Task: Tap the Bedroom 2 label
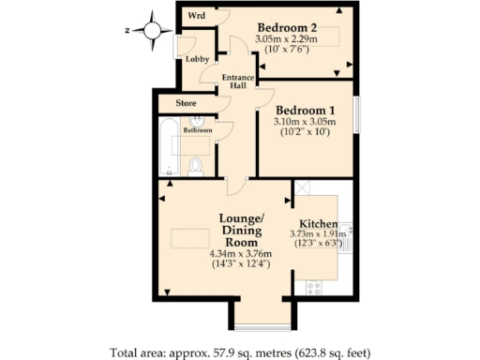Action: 286,26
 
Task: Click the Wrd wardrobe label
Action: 196,16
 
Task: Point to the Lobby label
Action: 197,59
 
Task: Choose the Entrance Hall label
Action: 233,82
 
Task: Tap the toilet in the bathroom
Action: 196,166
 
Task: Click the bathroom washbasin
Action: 200,125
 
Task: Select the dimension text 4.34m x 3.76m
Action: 240,253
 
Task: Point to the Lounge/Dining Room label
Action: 241,231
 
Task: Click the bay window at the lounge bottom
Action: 253,328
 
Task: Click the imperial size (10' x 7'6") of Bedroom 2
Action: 286,50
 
